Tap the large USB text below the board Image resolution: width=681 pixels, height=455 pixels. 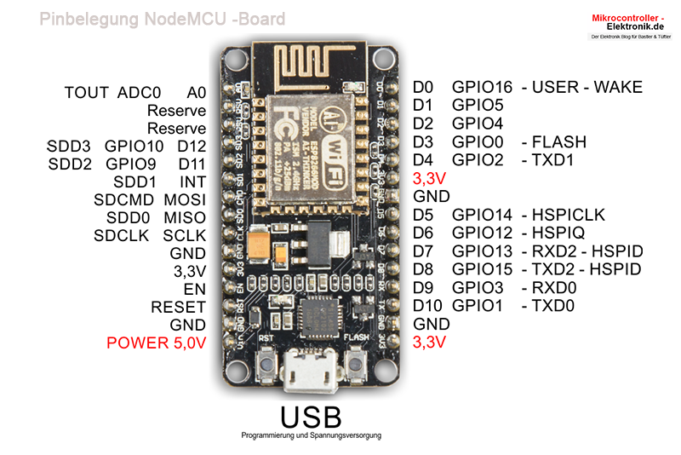point(311,417)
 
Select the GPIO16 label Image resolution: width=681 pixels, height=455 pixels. point(482,87)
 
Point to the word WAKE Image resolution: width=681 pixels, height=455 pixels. point(618,87)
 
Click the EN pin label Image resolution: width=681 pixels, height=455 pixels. point(195,289)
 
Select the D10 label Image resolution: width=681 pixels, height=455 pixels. point(427,304)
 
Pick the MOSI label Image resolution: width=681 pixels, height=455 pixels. point(185,199)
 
